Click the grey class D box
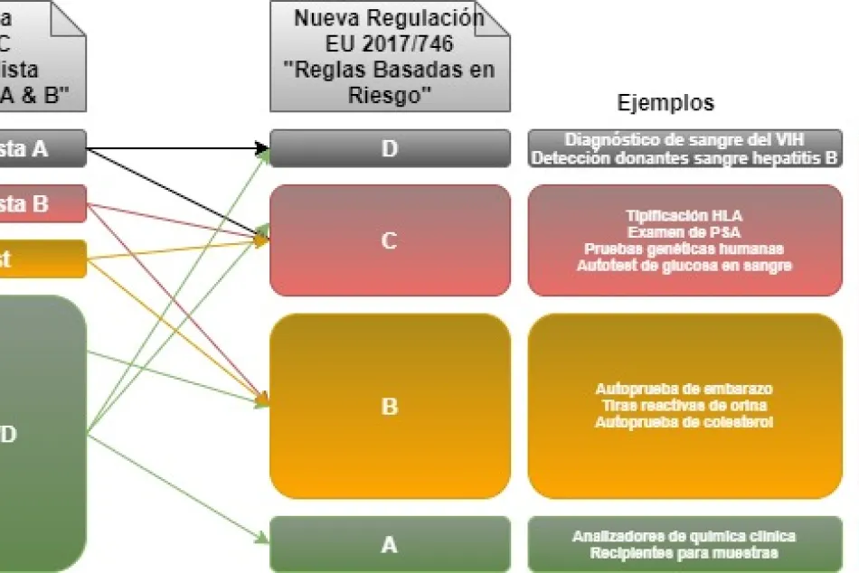click(x=390, y=148)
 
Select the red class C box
click(x=390, y=240)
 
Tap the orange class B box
click(x=390, y=406)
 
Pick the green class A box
click(x=390, y=544)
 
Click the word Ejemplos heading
click(x=665, y=103)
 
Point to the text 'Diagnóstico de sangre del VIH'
click(x=684, y=139)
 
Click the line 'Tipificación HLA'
click(x=684, y=216)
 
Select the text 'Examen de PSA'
click(x=684, y=232)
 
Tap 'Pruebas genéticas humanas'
click(x=684, y=249)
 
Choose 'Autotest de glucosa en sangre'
click(x=684, y=265)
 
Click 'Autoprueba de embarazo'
click(x=684, y=389)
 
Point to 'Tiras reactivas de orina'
click(x=684, y=406)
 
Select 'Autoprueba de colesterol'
click(x=684, y=422)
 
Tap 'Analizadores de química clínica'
click(x=684, y=536)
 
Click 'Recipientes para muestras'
click(x=684, y=552)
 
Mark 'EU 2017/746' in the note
click(x=389, y=42)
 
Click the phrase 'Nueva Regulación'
click(x=389, y=18)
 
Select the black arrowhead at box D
click(x=262, y=147)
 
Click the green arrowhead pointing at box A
click(x=262, y=540)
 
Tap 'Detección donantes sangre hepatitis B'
click(x=684, y=157)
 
